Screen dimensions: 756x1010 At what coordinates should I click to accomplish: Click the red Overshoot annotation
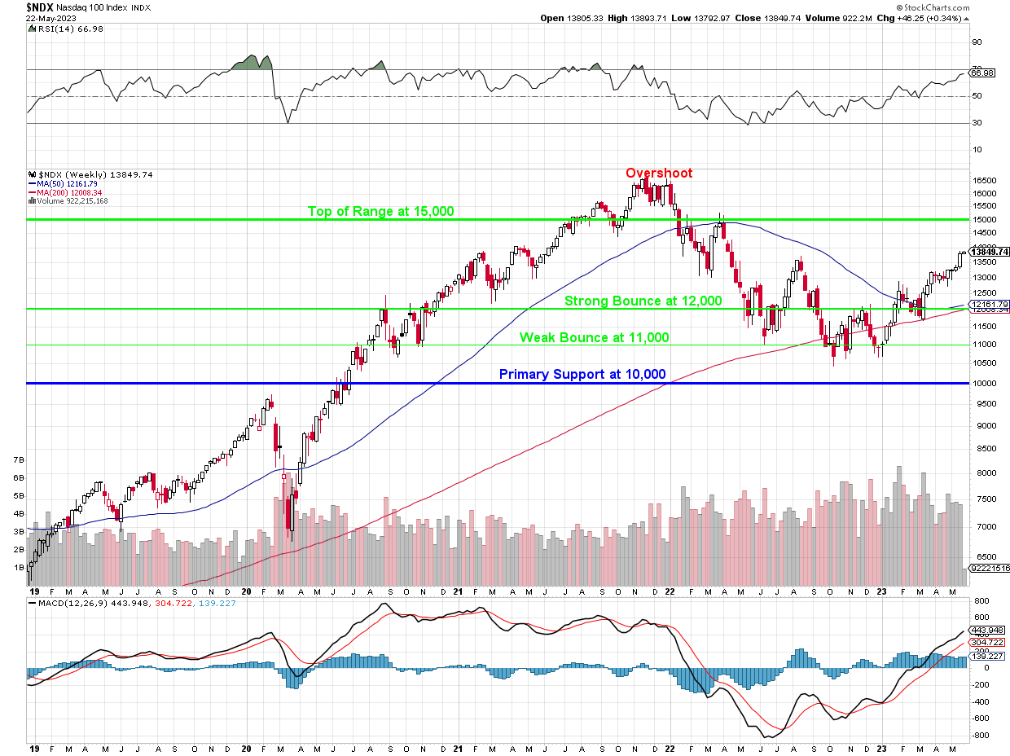coord(659,173)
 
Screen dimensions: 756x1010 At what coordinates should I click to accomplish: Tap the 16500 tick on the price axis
coord(984,181)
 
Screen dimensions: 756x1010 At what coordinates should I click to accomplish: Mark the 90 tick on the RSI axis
coord(976,42)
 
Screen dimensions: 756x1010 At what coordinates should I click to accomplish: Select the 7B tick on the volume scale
coord(18,460)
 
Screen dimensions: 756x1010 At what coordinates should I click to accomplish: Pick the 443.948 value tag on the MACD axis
coord(986,630)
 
